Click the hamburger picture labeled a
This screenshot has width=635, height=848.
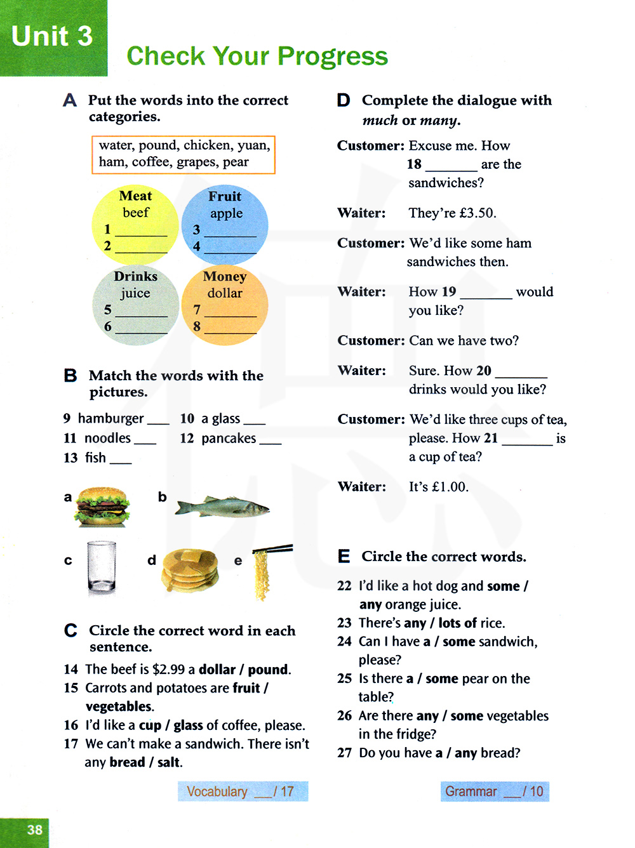pyautogui.click(x=102, y=507)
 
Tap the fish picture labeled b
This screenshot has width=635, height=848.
pyautogui.click(x=222, y=507)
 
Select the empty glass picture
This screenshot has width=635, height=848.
pyautogui.click(x=102, y=567)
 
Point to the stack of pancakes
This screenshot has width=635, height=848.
pyautogui.click(x=190, y=569)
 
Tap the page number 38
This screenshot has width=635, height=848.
pyautogui.click(x=35, y=830)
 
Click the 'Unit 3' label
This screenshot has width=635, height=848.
pyautogui.click(x=52, y=36)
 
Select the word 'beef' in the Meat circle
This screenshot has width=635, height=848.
pyautogui.click(x=136, y=213)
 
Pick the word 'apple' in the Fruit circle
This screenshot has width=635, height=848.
pyautogui.click(x=226, y=213)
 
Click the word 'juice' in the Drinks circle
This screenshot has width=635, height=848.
pyautogui.click(x=135, y=293)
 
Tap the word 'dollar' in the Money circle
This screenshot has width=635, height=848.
pyautogui.click(x=225, y=293)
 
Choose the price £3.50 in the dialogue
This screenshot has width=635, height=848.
pyautogui.click(x=477, y=213)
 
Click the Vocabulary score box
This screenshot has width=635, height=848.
pyautogui.click(x=243, y=792)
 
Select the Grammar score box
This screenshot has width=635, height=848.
pyautogui.click(x=495, y=792)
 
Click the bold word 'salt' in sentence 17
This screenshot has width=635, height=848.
pyautogui.click(x=169, y=762)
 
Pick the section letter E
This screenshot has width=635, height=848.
pyautogui.click(x=344, y=557)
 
